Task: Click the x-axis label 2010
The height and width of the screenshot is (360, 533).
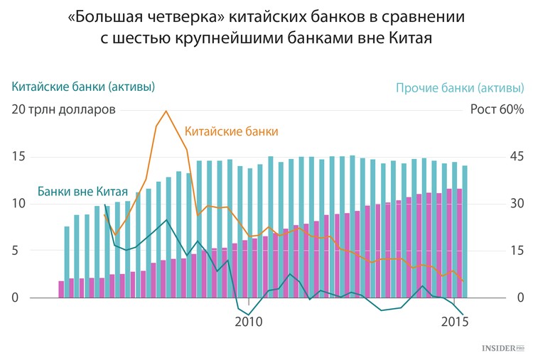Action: [x=249, y=321]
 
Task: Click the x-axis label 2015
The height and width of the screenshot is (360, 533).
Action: [x=455, y=321]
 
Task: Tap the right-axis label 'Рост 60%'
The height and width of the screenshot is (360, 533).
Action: [x=497, y=109]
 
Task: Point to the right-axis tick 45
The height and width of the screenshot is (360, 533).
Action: [x=517, y=156]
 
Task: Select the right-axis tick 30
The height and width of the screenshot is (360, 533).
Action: [x=517, y=204]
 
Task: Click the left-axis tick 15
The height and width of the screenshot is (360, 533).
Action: [x=18, y=156]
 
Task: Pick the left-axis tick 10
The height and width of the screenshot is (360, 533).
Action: [x=18, y=204]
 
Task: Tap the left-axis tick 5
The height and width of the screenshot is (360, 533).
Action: [x=15, y=251]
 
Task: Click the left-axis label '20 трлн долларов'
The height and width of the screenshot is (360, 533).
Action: [x=63, y=109]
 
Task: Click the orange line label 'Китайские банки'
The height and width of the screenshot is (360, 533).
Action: [x=232, y=131]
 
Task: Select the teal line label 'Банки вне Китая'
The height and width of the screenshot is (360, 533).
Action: [x=82, y=191]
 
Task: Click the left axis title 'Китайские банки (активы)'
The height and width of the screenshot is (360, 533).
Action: [x=83, y=87]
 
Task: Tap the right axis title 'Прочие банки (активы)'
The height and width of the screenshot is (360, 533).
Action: [x=460, y=88]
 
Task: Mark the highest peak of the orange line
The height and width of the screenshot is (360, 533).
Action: [x=166, y=111]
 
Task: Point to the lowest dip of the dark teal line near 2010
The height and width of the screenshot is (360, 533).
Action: [x=249, y=315]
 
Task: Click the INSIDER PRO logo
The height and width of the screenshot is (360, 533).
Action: [x=503, y=348]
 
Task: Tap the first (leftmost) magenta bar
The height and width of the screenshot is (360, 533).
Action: [x=61, y=290]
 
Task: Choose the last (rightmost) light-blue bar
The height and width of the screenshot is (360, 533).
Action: [x=465, y=231]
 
